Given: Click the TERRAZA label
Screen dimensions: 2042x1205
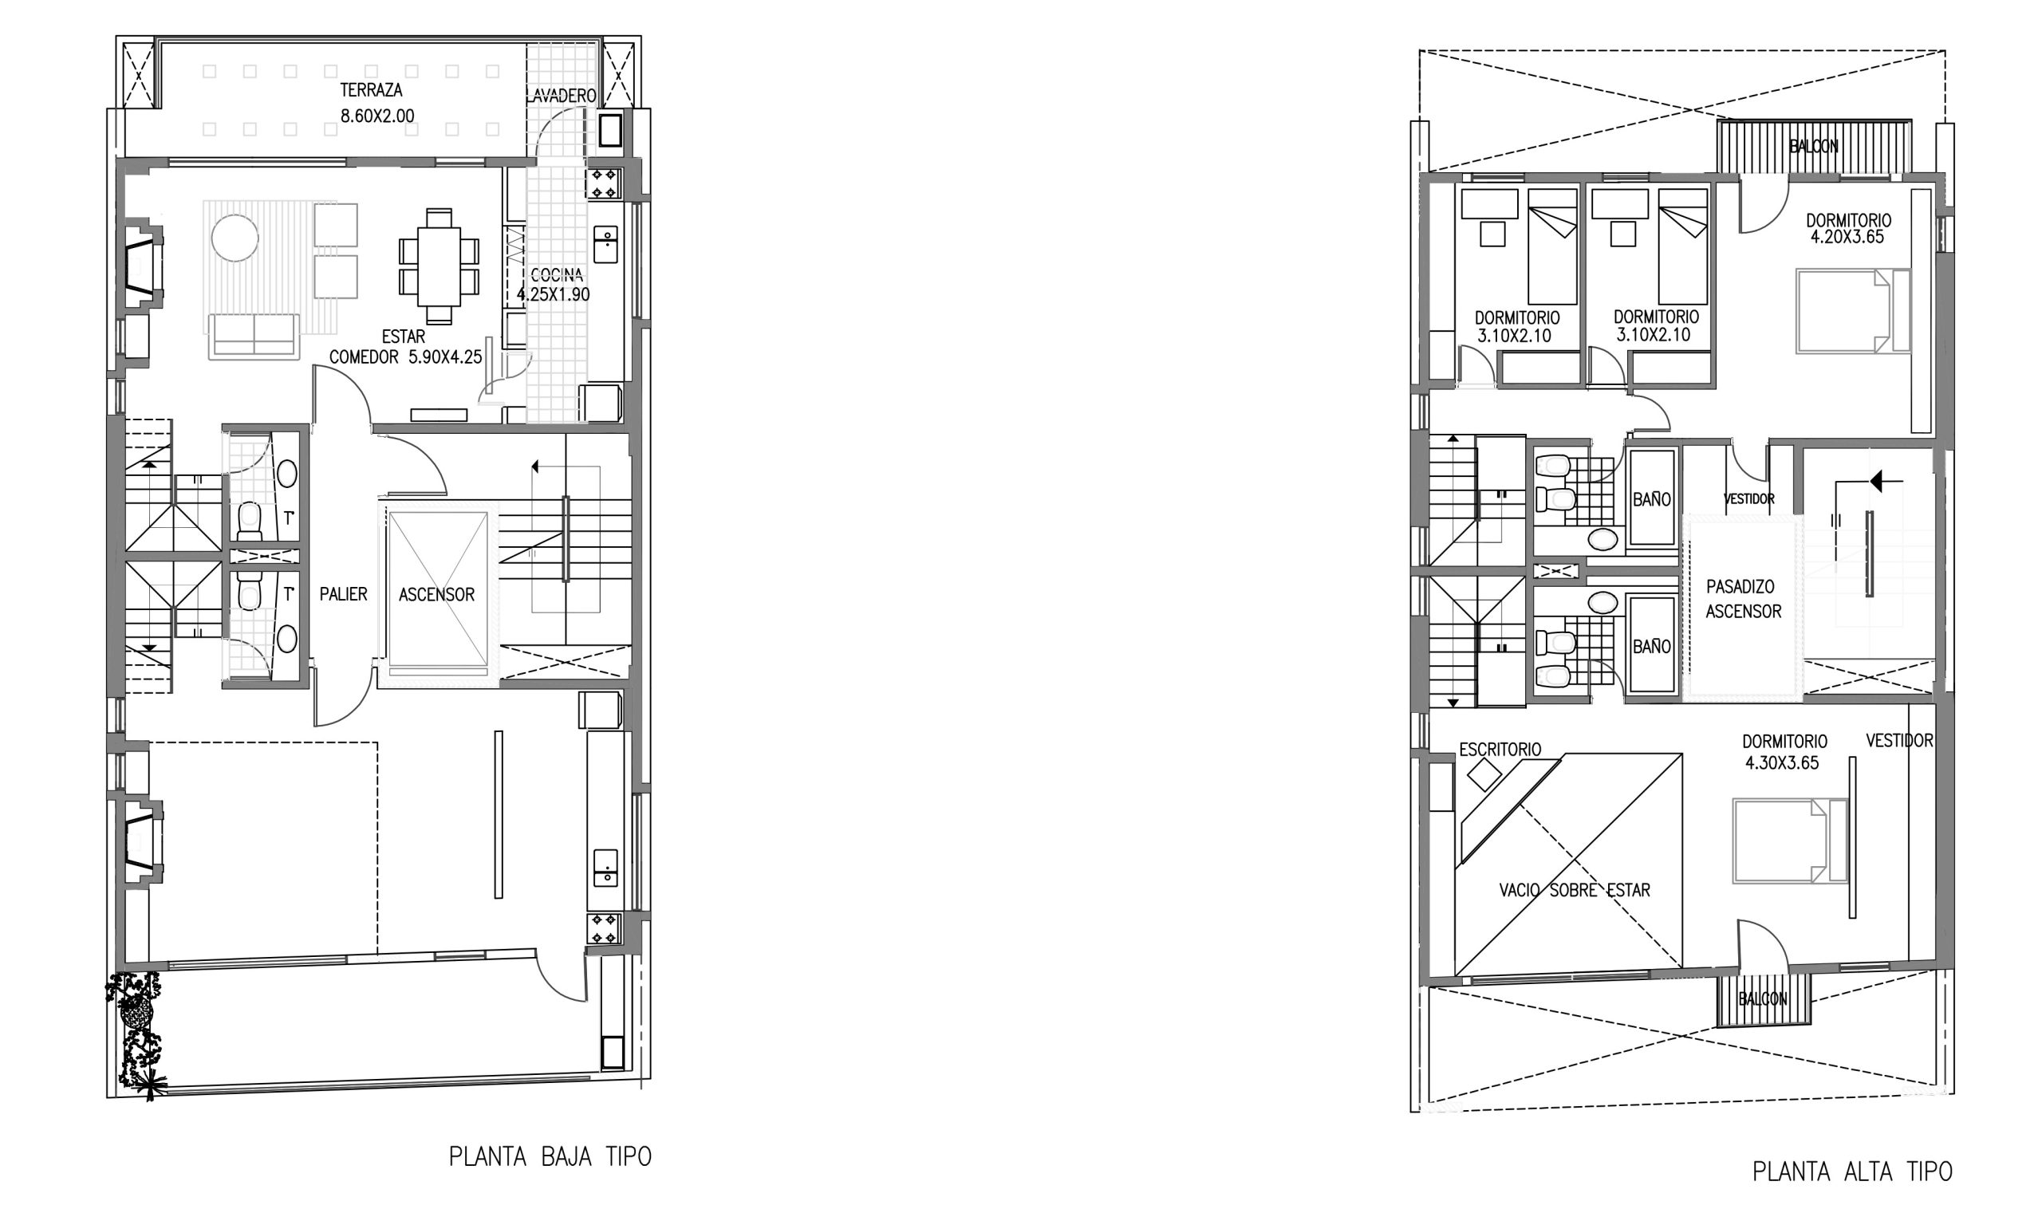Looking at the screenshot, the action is (371, 90).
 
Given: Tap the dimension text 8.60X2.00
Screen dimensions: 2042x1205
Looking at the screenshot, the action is (376, 116).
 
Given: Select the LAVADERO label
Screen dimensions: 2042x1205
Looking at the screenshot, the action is (561, 96).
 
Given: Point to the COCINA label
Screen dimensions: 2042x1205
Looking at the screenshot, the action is (556, 275).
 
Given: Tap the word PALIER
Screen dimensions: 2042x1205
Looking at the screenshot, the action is (344, 594).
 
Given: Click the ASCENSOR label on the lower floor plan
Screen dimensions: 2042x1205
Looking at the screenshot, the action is (437, 595).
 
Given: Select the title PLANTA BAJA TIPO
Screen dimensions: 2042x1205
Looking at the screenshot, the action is (550, 1156).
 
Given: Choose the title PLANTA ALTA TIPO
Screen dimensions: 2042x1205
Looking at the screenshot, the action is (1852, 1172).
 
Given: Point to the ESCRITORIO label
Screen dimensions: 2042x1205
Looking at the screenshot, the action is (1500, 750).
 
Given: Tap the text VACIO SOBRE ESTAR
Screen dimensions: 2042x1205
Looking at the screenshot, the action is (1575, 891).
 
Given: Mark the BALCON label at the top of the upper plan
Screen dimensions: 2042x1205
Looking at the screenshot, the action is (1814, 147).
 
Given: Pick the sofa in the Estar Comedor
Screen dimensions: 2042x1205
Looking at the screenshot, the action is (253, 337).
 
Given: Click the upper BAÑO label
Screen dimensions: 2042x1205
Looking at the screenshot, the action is (1652, 500).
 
